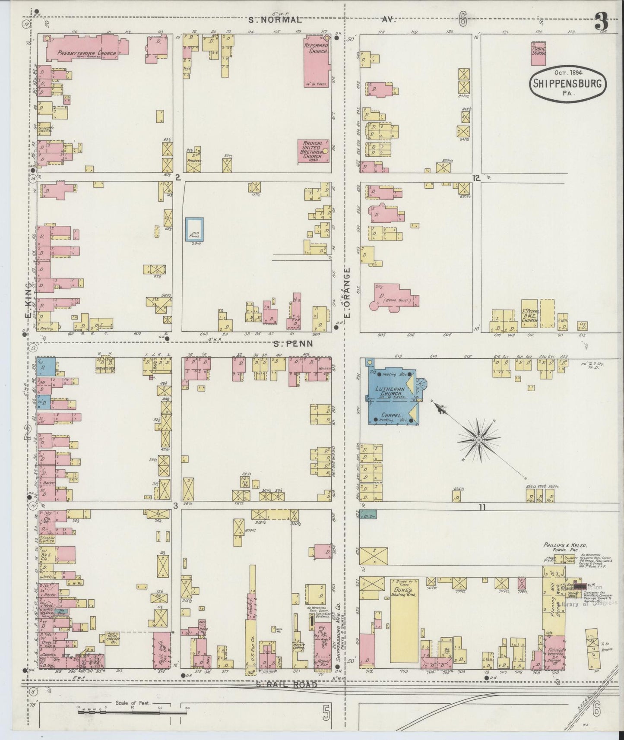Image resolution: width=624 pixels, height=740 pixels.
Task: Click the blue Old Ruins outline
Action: click(194, 229)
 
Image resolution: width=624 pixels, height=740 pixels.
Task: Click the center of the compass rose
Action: click(479, 440)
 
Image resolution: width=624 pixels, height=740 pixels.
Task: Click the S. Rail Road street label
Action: click(286, 685)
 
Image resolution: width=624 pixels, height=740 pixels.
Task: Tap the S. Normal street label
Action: click(274, 20)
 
